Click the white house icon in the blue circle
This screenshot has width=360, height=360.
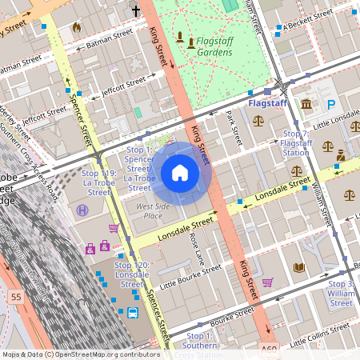pos(180,173)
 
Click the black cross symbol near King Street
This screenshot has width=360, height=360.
pos(136,11)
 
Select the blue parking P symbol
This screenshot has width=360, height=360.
pos(330,104)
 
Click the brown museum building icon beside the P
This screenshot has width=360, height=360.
pos(307,104)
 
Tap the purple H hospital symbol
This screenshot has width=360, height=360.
pos(82,210)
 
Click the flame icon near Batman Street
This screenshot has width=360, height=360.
pos(77,26)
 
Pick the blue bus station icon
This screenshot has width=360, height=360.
pos(133,313)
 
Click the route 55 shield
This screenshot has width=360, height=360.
pos(16,296)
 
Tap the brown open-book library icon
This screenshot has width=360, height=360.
pos(299,267)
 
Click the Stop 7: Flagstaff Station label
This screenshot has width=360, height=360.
pos(296,142)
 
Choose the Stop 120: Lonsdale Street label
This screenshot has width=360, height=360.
pos(132,274)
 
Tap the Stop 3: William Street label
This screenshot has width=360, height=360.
pos(341,293)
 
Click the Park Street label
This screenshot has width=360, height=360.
pos(234,128)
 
